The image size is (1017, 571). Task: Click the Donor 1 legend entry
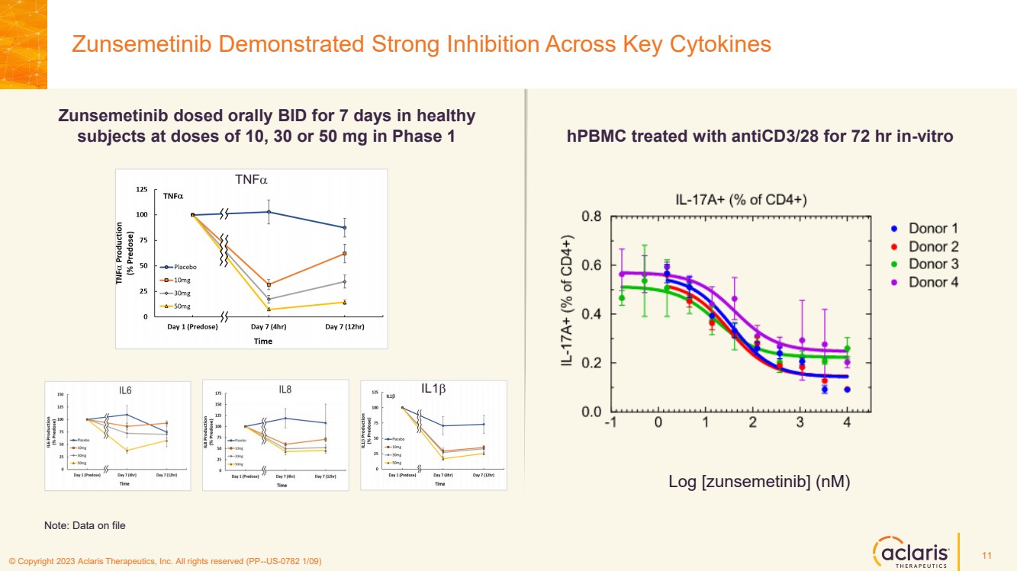[x=932, y=228]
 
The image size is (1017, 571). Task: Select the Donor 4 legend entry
[x=932, y=282]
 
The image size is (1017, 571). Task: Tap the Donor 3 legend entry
[x=932, y=264]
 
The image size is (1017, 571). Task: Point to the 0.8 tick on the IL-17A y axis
[x=592, y=217]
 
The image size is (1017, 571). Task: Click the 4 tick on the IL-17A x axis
[x=847, y=423]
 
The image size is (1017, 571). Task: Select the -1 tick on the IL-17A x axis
[x=610, y=423]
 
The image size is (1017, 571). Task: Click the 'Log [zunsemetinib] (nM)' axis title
[x=759, y=482]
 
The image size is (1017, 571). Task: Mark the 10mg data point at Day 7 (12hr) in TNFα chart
[x=345, y=253]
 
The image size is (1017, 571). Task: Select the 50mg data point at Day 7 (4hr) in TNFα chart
[x=269, y=310]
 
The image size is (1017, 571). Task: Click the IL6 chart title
[x=125, y=390]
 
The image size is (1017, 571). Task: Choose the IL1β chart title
[x=433, y=388]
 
